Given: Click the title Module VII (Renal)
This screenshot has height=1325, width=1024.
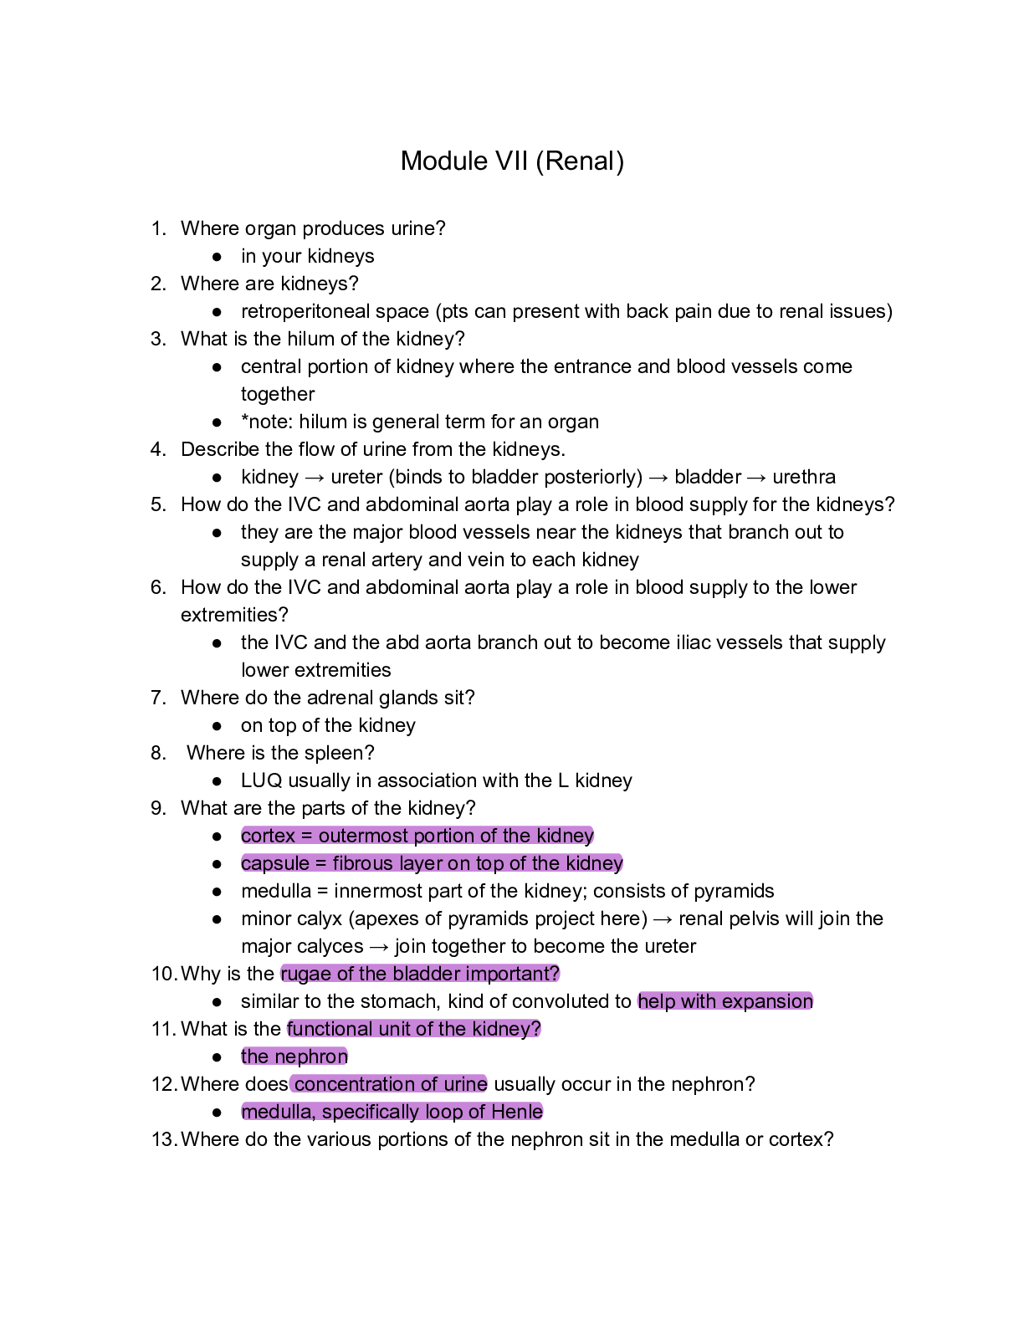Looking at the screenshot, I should coord(512,161).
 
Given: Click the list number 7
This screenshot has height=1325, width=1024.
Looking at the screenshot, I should coord(158,698).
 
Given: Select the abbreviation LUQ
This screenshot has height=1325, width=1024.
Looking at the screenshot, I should coord(261,780).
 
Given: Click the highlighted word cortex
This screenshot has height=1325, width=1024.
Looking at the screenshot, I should coord(268,836).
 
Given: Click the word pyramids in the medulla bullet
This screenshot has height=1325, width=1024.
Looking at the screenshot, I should coord(737,891).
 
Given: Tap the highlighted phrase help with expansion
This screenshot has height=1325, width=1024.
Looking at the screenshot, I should coord(725,1001).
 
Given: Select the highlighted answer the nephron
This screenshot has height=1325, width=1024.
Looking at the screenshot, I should coord(294,1056).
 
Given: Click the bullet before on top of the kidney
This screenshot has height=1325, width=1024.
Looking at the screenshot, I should coord(218,726).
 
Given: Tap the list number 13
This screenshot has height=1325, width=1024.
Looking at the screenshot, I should coord(163,1139).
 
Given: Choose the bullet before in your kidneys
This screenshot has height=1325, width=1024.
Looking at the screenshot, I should coord(218,257).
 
